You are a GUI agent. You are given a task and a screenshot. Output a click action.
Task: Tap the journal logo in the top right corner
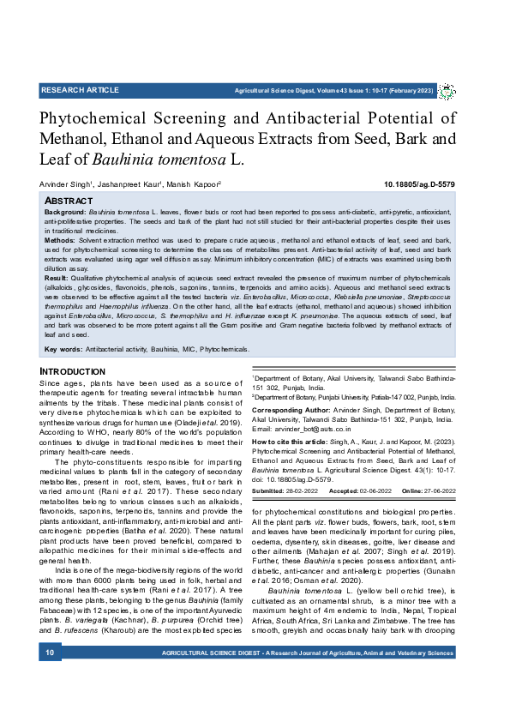click(447, 91)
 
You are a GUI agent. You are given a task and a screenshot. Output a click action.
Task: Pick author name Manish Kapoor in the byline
click(195, 184)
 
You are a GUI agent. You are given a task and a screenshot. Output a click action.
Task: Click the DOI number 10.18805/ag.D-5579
click(419, 184)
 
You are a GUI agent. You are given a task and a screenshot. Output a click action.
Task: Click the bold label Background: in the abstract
click(65, 210)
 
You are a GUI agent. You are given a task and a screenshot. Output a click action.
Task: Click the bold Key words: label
click(63, 349)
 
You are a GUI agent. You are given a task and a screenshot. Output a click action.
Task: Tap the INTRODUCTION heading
click(73, 371)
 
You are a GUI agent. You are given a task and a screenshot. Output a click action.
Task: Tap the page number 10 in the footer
click(49, 677)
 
